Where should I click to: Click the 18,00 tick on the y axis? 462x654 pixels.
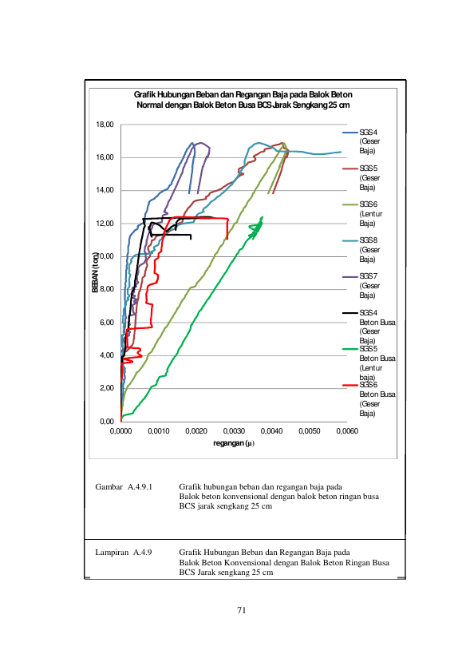click(105, 125)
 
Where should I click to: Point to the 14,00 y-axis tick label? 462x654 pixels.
click(105, 190)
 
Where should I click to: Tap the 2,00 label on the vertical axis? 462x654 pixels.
click(107, 388)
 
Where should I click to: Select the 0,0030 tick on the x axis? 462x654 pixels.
click(234, 431)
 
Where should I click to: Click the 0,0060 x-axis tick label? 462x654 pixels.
click(347, 431)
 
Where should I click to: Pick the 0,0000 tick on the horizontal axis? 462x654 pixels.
click(120, 431)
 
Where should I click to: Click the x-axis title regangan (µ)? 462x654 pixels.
click(234, 443)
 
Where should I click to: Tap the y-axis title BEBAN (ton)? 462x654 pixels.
click(96, 272)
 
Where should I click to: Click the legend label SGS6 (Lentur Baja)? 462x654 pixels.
click(371, 213)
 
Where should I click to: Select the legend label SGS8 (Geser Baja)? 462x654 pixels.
click(370, 249)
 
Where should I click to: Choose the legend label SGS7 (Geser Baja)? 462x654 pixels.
click(370, 285)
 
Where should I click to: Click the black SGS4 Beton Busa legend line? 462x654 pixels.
click(350, 313)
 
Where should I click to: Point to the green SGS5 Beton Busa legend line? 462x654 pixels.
click(350, 349)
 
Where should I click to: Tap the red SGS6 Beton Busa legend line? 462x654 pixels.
click(350, 385)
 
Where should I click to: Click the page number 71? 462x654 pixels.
click(242, 610)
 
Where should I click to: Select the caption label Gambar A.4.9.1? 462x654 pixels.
click(124, 487)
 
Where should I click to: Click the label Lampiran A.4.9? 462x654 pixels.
click(124, 553)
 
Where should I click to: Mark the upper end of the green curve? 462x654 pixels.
click(263, 217)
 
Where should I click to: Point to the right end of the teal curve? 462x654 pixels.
click(342, 152)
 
